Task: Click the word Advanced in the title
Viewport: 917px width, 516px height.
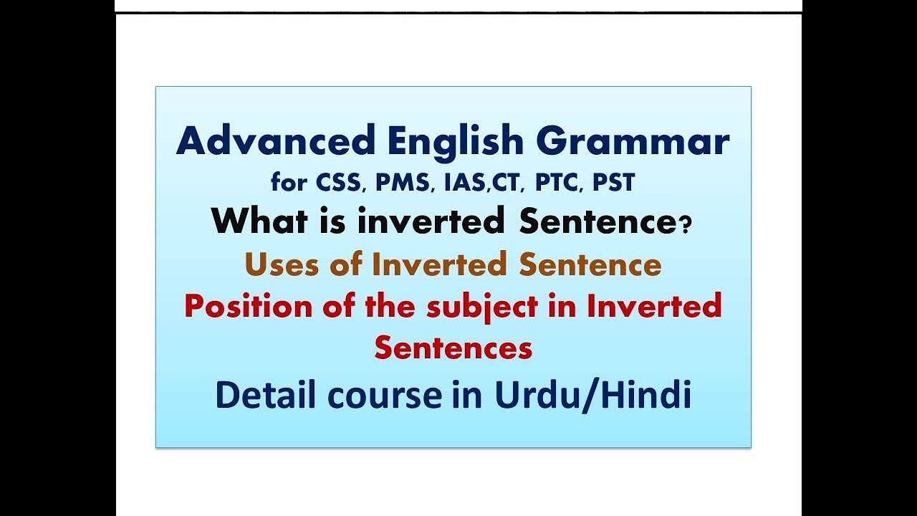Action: [276, 141]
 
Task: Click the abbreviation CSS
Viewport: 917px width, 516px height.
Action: [340, 183]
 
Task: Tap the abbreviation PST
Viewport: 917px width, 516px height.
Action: [613, 183]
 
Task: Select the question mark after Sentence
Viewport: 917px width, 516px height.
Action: [686, 226]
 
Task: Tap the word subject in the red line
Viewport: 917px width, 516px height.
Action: [481, 307]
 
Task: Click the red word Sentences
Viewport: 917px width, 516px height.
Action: [453, 348]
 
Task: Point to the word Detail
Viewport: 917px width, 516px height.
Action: [257, 395]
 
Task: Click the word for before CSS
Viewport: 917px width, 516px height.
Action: [289, 183]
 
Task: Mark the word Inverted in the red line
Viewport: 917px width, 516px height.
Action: [654, 306]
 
